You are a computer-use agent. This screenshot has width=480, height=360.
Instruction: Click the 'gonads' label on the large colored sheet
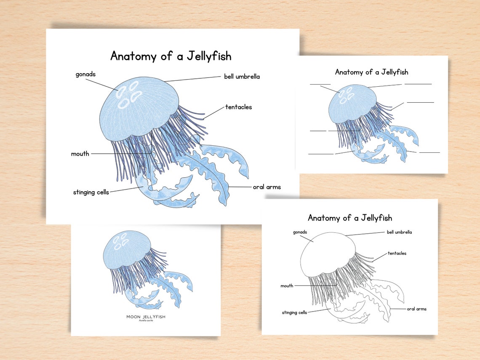pos(85,75)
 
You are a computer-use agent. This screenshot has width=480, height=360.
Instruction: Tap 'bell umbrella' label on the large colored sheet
pos(242,77)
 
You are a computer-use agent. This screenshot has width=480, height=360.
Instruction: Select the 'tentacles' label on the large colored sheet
pos(238,107)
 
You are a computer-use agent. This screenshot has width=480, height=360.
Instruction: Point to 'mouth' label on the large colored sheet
pos(80,154)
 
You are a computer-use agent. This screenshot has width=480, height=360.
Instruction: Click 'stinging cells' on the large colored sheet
pos(91,192)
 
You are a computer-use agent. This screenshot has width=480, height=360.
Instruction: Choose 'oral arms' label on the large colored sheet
pos(267,187)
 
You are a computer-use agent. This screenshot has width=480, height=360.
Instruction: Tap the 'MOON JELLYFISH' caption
pos(146,317)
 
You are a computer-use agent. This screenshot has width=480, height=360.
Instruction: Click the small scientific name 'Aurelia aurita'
pos(146,321)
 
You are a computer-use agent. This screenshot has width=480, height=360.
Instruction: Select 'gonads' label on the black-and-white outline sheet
pos(300,232)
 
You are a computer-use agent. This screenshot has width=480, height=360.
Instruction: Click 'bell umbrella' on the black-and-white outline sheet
pos(399,232)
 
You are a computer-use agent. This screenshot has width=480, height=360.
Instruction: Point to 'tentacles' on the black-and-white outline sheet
pos(397,253)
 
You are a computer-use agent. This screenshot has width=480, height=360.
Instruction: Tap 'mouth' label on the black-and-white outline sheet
pos(287,286)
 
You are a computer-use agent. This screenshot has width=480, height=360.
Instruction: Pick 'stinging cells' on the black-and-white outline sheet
pos(294,312)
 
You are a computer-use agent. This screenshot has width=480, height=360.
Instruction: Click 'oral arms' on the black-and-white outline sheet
pos(416,309)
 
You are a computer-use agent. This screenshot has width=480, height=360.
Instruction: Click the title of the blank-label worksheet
pos(371,72)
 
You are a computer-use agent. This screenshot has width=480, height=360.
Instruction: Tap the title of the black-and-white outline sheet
pos(349,218)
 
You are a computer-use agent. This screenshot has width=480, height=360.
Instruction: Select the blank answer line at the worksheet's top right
pos(418,84)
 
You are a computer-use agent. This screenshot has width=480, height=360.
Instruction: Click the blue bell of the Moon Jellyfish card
pos(126,248)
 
